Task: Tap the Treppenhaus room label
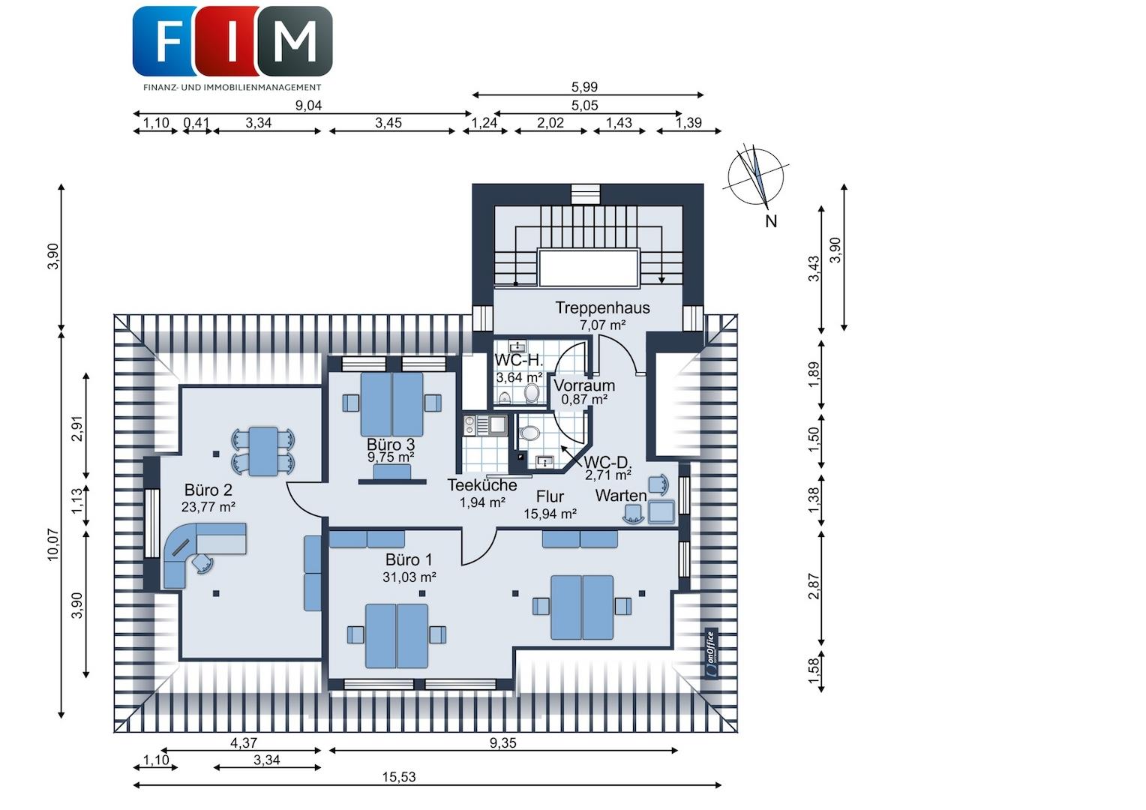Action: tap(602, 307)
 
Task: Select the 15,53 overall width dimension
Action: tap(398, 777)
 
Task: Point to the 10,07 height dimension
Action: tap(54, 544)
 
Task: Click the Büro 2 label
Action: tap(208, 490)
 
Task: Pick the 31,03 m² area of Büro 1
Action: tap(409, 577)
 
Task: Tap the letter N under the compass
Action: tap(770, 221)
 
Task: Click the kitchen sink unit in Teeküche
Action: tap(484, 425)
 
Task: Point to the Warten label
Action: tap(620, 495)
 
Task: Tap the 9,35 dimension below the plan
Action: tap(502, 742)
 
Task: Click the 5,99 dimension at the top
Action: tap(584, 87)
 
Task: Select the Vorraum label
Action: tap(577, 385)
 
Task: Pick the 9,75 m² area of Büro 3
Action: tap(390, 457)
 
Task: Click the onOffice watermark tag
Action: tap(711, 653)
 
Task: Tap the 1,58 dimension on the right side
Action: tap(814, 670)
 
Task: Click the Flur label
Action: tap(550, 496)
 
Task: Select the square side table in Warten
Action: tap(661, 511)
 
